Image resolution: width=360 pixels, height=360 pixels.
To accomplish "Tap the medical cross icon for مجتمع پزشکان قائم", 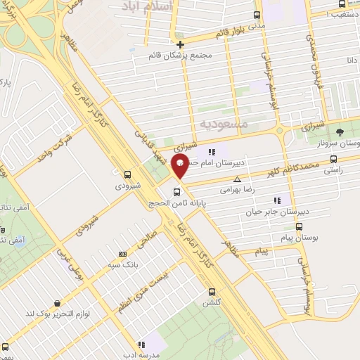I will [180, 44].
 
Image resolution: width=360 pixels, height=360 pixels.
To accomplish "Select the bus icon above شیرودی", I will [127, 175].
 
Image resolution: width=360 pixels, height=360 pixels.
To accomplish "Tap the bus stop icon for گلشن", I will [212, 292].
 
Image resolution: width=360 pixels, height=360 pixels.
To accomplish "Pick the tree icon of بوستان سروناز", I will [340, 131].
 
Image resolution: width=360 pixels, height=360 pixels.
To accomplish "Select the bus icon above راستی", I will [333, 159].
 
